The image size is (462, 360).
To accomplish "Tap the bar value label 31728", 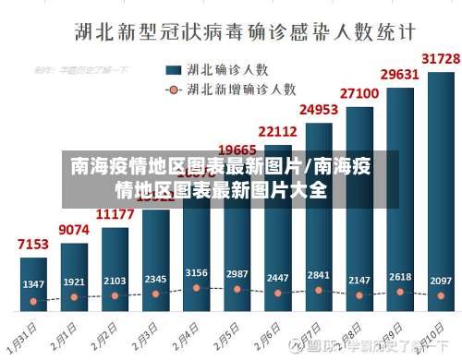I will coord(440,58).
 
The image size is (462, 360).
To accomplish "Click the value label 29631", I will coord(399,74).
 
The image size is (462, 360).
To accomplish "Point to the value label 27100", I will coord(359,92).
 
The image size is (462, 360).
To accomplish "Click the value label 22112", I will coord(277,131).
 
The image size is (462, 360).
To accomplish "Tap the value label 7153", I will coord(33,245).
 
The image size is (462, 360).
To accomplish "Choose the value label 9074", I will coord(74,229).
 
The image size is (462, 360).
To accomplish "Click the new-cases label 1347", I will coord(33,282).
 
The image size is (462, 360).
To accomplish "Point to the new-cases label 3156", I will coord(196,273).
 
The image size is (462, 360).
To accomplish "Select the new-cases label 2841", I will coord(318,275).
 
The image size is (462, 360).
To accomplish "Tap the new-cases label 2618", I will coord(399,277).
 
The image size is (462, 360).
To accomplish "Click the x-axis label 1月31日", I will coord(28,333).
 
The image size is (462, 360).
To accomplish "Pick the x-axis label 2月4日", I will coord(188,333).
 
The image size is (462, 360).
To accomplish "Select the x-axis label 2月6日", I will coord(270,333).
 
